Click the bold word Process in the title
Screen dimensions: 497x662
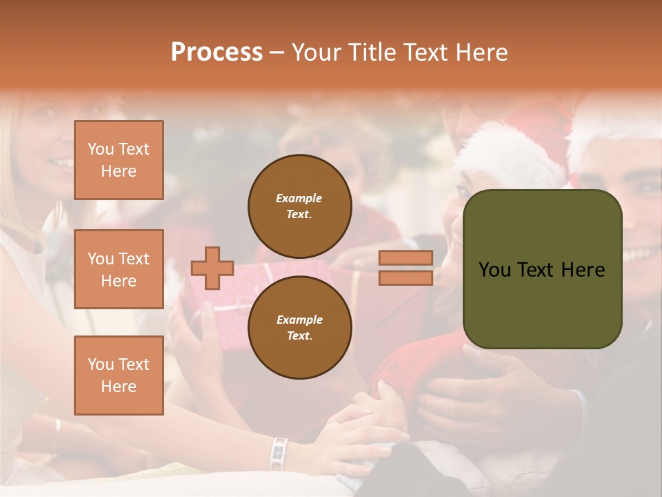click(217, 52)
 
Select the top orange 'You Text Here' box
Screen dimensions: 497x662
click(119, 160)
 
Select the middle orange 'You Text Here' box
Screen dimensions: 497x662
click(119, 269)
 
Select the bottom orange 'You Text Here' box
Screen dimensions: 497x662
click(119, 376)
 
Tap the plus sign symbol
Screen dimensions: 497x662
click(212, 268)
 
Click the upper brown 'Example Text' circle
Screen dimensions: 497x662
click(299, 206)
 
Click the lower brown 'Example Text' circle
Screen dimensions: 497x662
click(299, 327)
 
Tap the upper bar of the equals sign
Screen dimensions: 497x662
click(405, 257)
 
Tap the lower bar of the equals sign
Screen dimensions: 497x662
click(405, 277)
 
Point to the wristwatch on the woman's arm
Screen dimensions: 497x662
click(279, 452)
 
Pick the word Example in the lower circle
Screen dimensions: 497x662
click(299, 320)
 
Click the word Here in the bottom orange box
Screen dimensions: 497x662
click(119, 387)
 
